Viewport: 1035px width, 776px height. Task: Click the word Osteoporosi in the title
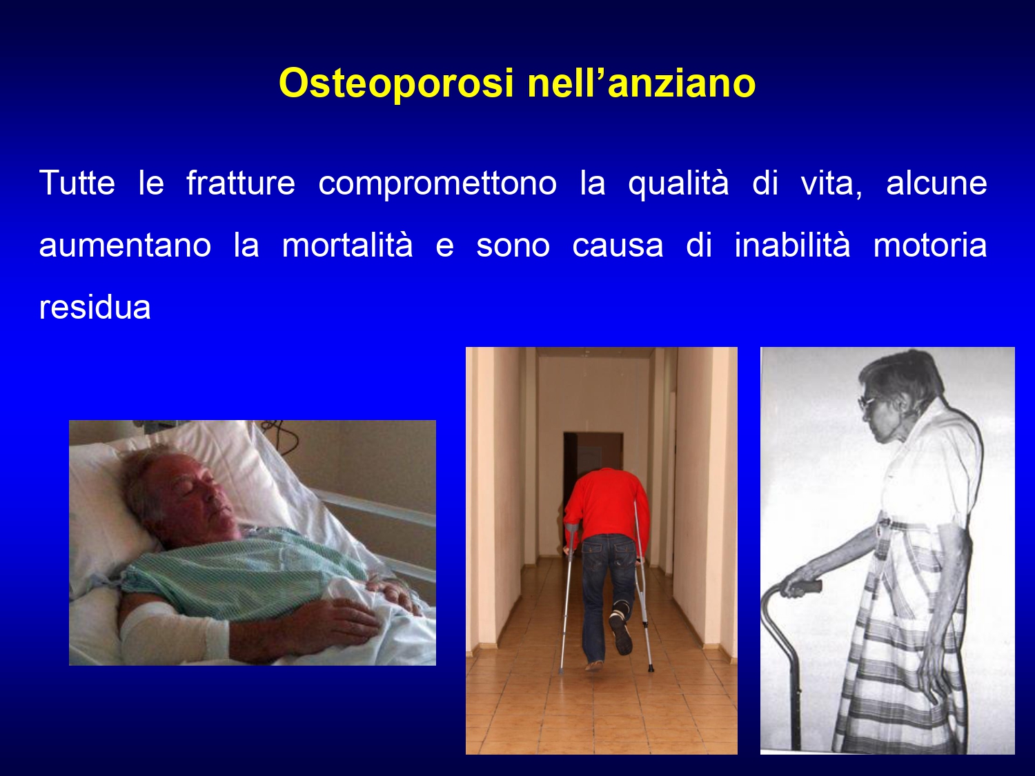coord(396,83)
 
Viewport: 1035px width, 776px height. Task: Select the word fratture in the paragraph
coord(241,183)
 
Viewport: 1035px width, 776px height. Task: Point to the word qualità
coord(678,183)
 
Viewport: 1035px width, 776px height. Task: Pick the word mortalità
coord(348,245)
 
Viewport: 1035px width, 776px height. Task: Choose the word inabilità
coord(792,245)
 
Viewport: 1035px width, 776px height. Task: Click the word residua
coord(95,307)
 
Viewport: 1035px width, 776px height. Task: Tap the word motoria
coord(930,245)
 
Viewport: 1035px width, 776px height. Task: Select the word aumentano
coord(125,246)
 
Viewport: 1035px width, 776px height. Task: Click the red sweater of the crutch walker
coord(608,504)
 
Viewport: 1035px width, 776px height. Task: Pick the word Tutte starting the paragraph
coord(77,183)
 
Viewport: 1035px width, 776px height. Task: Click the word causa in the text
coord(618,246)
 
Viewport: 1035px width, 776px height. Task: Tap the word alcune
coord(936,183)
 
